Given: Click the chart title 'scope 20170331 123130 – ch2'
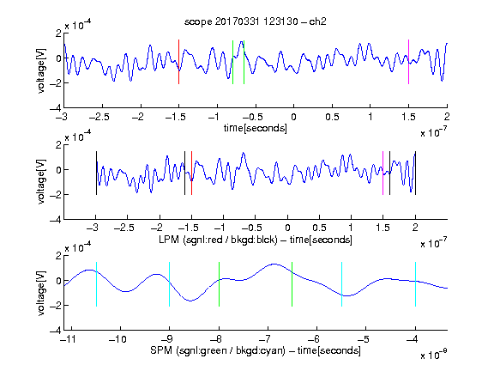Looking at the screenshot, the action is point(256,21).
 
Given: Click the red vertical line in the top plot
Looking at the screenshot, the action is point(179,62).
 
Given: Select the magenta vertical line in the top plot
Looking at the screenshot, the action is point(408,62).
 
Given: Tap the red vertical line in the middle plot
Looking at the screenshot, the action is point(191,173).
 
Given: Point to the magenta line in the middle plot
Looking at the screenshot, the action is point(383,173).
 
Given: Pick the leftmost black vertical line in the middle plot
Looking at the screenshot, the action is point(96,173).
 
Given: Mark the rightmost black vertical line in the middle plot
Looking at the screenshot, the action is point(416,173).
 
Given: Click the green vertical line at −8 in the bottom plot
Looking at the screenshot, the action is point(219,284).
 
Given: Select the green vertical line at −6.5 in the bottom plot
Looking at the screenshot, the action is point(292,284).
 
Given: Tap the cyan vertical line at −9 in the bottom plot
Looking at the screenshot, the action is point(170,284).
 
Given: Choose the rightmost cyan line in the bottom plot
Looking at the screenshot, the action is point(416,284).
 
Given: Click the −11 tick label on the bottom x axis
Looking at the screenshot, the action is point(68,339).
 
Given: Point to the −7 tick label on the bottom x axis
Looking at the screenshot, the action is point(268,339).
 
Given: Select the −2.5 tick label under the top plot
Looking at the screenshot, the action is point(99,117).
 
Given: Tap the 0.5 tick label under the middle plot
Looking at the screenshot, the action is point(319,228).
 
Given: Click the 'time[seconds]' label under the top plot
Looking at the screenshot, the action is point(256,128).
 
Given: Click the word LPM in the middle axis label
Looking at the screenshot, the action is point(169,240).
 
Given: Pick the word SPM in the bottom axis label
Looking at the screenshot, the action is point(161,350).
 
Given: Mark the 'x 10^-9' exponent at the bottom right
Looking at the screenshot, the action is point(433,355).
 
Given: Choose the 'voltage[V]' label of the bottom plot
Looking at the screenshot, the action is point(41,293).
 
